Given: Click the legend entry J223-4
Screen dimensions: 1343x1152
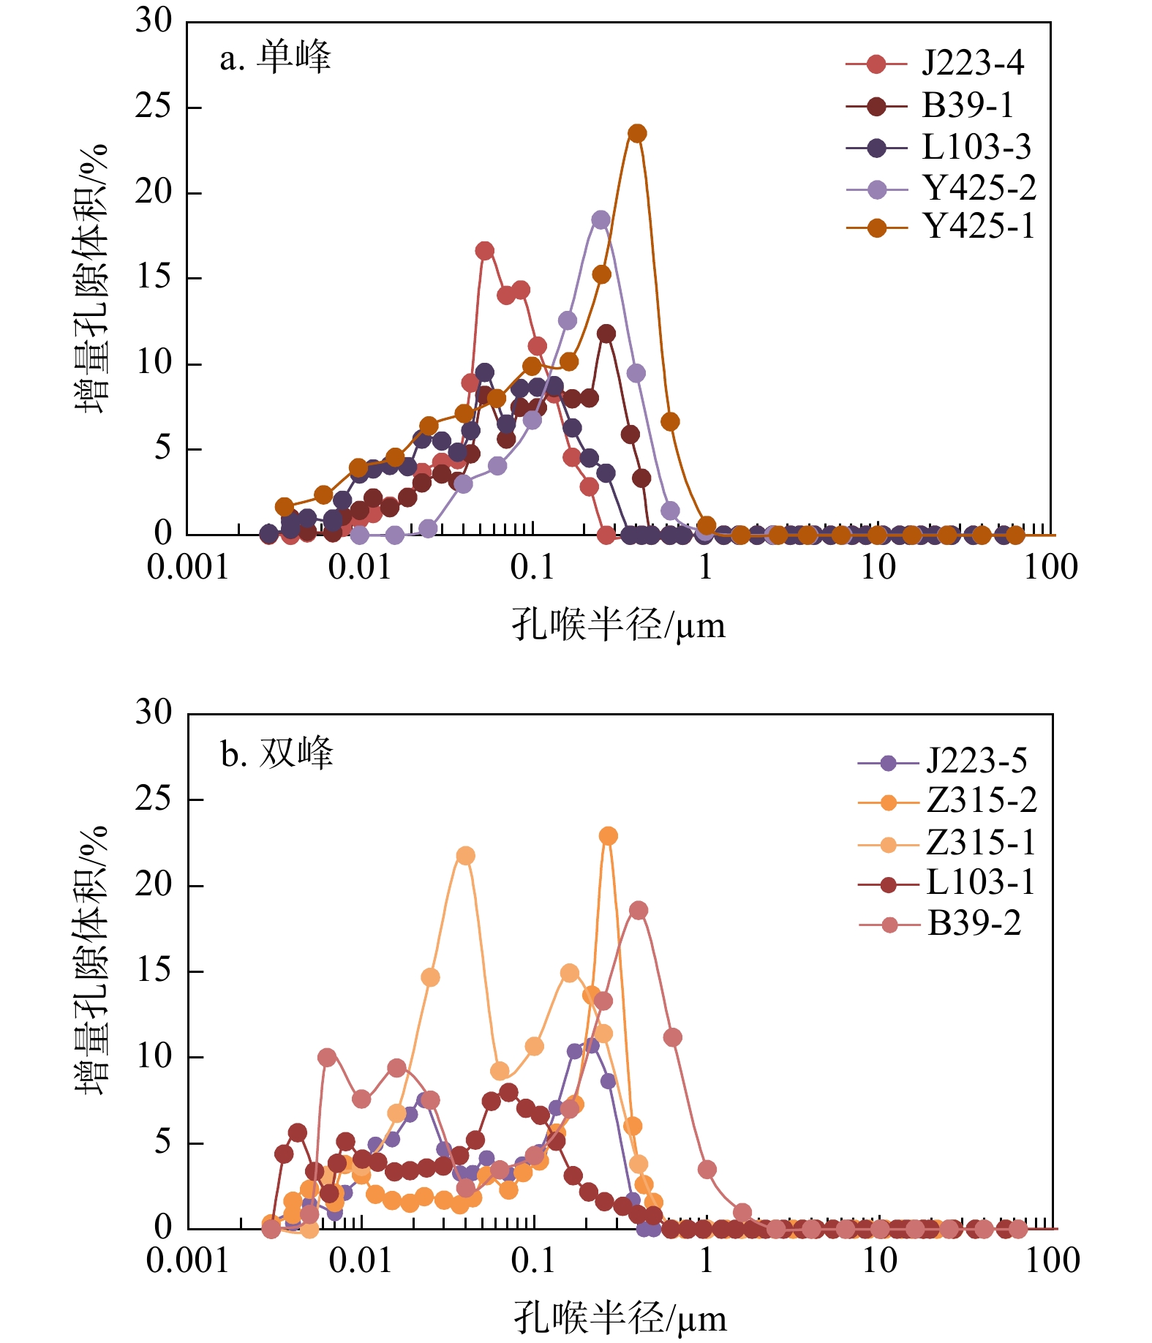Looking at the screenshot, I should [972, 64].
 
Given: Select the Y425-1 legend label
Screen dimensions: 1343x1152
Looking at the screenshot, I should [979, 227].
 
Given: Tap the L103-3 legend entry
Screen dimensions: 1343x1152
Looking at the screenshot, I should [976, 148].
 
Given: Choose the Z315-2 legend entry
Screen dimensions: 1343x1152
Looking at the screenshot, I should [981, 801].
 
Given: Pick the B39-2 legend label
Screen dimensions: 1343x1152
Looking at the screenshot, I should [974, 924].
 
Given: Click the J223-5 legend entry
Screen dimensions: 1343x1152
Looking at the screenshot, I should [976, 761].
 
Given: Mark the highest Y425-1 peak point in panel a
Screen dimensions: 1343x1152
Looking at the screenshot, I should [637, 133].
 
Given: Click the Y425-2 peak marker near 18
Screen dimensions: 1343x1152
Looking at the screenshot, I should [601, 219].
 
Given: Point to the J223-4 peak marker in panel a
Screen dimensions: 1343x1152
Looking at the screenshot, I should [484, 251].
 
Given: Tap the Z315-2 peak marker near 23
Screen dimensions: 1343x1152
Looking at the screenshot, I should [608, 836].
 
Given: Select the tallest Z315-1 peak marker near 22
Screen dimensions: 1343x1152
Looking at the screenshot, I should [465, 856].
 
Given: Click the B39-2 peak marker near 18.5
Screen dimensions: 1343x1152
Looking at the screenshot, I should [639, 911].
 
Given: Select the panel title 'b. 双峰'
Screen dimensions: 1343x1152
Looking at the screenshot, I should [276, 754].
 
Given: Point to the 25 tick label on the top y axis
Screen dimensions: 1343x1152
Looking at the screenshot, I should [153, 107].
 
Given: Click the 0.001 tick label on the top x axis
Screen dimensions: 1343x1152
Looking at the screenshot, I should [188, 568].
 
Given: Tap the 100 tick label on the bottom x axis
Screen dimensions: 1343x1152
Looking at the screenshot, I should [1052, 1260].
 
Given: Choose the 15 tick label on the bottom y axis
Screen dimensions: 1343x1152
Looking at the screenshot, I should [154, 971].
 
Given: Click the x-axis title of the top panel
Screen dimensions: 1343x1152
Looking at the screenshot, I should [618, 625].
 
